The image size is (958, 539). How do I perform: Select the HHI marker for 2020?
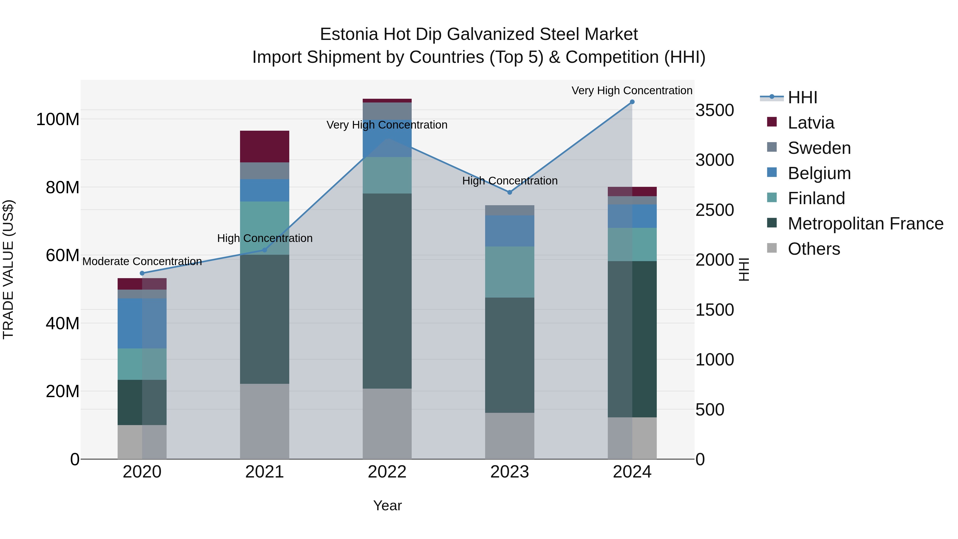pyautogui.click(x=142, y=273)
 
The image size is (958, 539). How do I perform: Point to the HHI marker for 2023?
pyautogui.click(x=510, y=192)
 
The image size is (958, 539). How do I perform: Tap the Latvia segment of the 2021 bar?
pyautogui.click(x=265, y=147)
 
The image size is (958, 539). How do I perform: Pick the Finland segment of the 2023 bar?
pyautogui.click(x=510, y=272)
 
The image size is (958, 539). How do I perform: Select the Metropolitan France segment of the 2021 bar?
pyautogui.click(x=265, y=319)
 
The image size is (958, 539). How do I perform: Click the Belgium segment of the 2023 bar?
pyautogui.click(x=510, y=231)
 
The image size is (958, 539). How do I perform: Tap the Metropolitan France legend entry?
pyautogui.click(x=865, y=224)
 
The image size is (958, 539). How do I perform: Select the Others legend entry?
pyautogui.click(x=814, y=249)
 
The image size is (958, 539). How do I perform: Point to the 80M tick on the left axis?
pyautogui.click(x=63, y=187)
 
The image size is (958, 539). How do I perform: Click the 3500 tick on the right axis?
pyautogui.click(x=715, y=110)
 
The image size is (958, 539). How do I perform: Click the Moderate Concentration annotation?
pyautogui.click(x=142, y=261)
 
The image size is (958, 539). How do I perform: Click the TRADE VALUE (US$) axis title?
pyautogui.click(x=8, y=269)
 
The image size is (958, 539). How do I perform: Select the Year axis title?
pyautogui.click(x=387, y=505)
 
